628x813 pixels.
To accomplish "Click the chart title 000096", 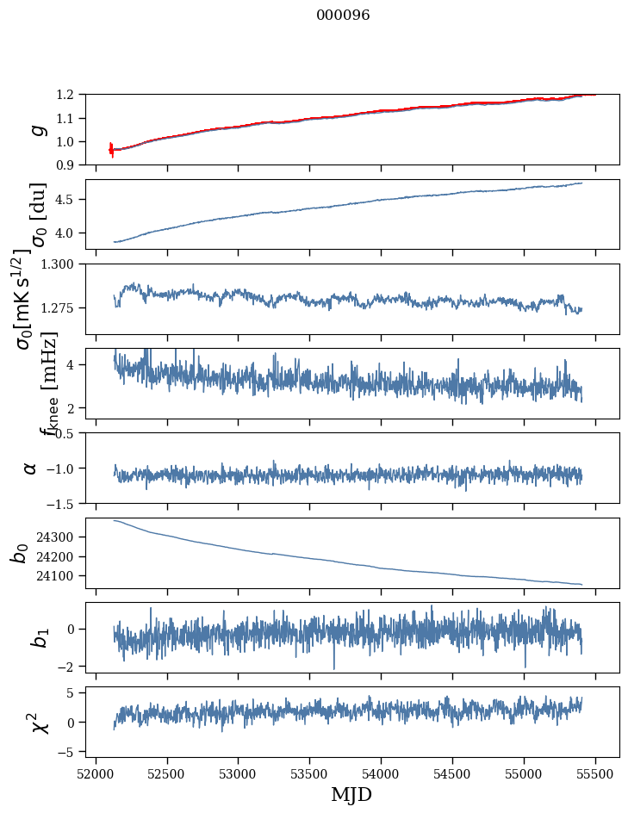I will pos(343,16).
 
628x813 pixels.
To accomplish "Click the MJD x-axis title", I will pos(351,794).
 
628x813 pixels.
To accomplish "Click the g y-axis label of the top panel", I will pos(35,129).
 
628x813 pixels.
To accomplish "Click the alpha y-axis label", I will pos(31,468).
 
